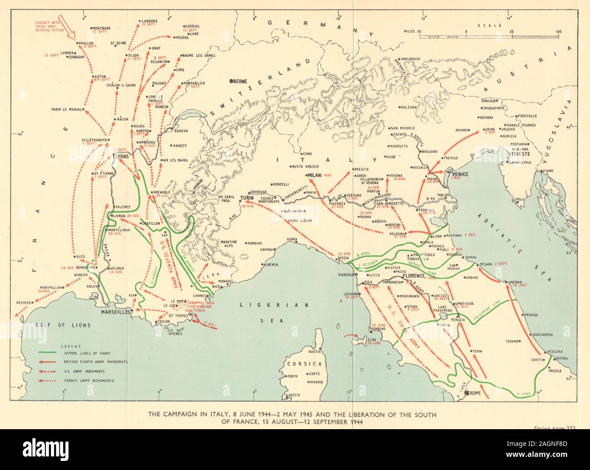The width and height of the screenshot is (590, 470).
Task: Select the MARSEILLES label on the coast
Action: [115, 313]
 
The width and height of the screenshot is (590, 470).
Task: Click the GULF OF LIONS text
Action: [63, 325]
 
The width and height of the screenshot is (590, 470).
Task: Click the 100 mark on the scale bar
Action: [558, 32]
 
